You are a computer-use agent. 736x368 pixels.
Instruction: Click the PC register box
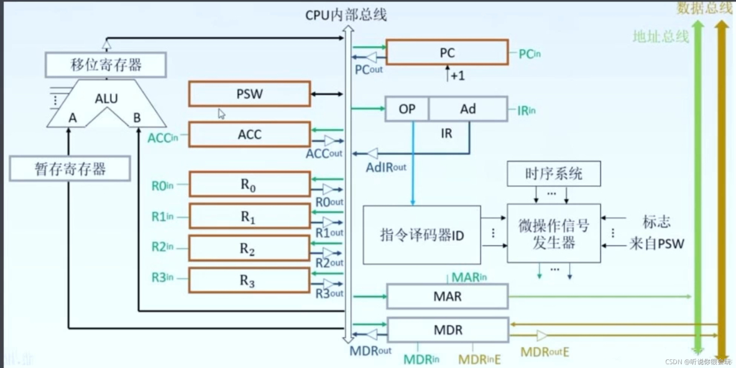[x=447, y=53]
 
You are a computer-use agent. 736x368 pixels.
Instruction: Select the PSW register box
[x=249, y=94]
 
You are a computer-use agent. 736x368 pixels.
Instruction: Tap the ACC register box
[x=249, y=134]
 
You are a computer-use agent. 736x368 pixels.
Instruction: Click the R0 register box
[x=249, y=185]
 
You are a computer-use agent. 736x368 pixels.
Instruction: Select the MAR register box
[x=447, y=297]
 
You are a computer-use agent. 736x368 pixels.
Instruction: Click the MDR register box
[x=447, y=329]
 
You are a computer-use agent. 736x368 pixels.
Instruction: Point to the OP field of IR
[x=407, y=109]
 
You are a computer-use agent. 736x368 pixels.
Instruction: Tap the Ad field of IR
[x=468, y=109]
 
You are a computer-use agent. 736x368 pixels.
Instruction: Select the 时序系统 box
[x=554, y=173]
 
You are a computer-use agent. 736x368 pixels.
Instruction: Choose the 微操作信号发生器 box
[x=554, y=233]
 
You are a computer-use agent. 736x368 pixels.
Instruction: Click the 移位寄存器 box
[x=106, y=65]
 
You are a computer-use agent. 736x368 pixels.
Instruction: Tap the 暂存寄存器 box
[x=70, y=168]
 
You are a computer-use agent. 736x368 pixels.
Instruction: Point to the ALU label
[x=106, y=98]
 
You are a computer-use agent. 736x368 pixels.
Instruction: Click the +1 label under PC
[x=458, y=76]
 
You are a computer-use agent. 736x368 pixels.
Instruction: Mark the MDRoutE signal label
[x=545, y=352]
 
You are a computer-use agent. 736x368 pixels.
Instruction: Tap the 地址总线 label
[x=660, y=36]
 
